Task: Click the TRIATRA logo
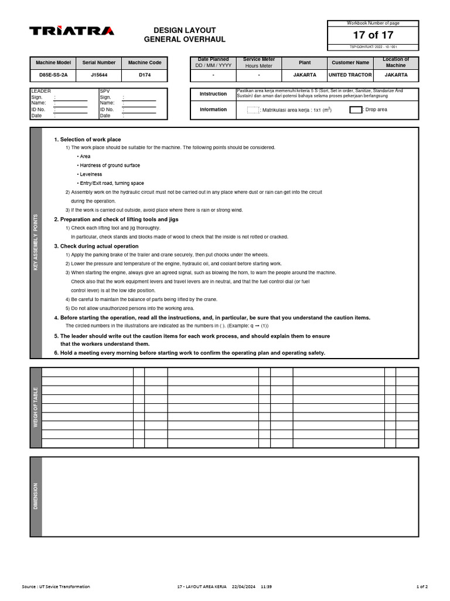click(x=71, y=31)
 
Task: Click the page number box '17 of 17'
click(x=373, y=35)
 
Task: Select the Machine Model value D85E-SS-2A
click(x=53, y=75)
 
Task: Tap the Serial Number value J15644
click(x=99, y=75)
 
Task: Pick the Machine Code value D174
click(x=145, y=75)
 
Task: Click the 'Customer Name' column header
click(x=350, y=62)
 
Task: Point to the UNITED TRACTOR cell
click(x=350, y=75)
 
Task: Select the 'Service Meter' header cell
click(x=258, y=62)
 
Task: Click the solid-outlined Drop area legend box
click(x=356, y=110)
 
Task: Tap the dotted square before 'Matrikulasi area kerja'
click(x=253, y=110)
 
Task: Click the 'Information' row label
click(x=213, y=110)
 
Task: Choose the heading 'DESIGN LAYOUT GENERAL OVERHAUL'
click(x=185, y=35)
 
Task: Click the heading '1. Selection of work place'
click(x=87, y=140)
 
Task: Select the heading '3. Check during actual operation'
click(x=96, y=246)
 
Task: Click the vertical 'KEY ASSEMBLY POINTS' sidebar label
click(x=36, y=242)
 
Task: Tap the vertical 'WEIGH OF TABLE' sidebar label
click(x=36, y=407)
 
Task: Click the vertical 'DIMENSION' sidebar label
click(x=36, y=496)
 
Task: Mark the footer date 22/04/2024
click(x=243, y=586)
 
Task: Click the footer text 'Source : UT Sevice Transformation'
click(x=56, y=586)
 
